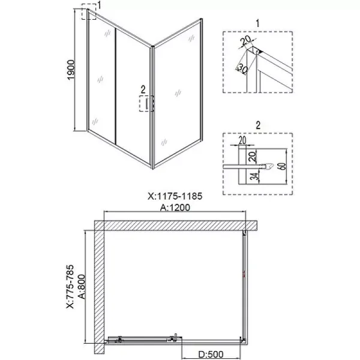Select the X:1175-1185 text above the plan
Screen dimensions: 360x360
(x=175, y=196)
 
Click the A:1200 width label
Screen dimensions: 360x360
(x=175, y=208)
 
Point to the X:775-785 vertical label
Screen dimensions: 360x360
(x=70, y=287)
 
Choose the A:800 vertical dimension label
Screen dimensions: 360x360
(x=82, y=287)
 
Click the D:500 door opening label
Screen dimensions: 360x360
(x=211, y=355)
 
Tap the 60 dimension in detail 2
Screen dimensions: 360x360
(x=283, y=166)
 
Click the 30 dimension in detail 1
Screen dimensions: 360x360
(x=242, y=69)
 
